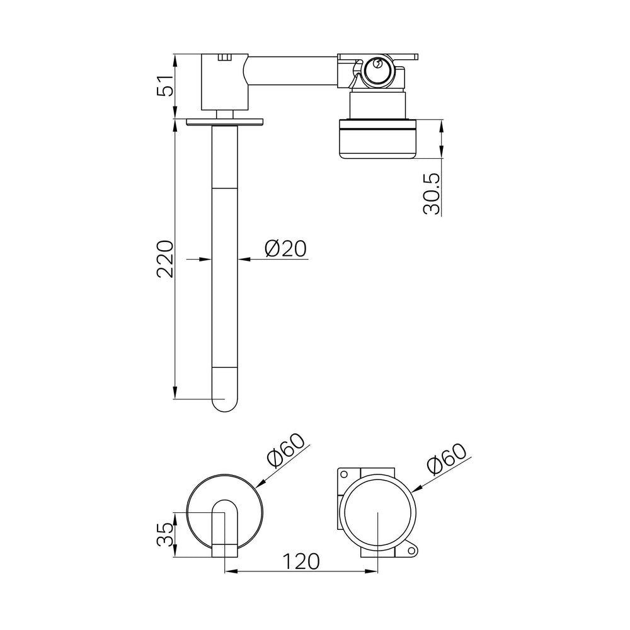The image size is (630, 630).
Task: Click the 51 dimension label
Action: pos(166,85)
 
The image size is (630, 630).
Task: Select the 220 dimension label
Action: pos(166,259)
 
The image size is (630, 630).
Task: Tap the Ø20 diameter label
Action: pos(285,248)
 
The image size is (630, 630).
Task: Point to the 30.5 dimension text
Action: pos(432,193)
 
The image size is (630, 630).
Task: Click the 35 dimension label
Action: pos(166,535)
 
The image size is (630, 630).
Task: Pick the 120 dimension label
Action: pos(301,561)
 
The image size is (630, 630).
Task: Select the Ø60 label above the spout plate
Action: pos(286,451)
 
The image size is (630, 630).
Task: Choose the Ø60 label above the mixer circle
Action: pos(447,459)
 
